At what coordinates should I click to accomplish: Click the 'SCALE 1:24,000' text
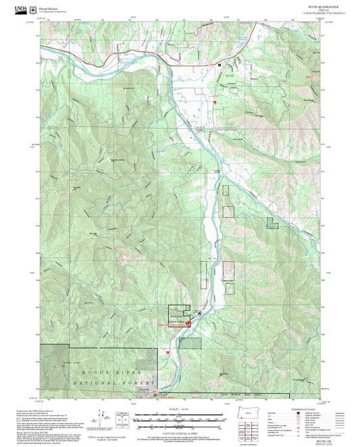[179, 410]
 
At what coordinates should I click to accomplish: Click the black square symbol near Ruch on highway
[219, 63]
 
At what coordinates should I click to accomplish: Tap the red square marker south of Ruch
[214, 101]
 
